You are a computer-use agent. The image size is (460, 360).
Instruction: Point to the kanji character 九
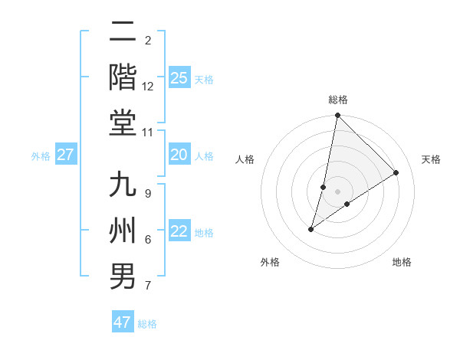click(123, 186)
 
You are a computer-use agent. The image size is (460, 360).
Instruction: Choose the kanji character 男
click(123, 275)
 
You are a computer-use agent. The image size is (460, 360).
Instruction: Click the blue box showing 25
click(179, 77)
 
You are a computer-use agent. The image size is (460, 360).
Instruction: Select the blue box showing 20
click(179, 155)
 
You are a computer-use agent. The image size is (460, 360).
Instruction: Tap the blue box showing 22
click(179, 231)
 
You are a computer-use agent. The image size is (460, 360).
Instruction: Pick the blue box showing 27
click(66, 155)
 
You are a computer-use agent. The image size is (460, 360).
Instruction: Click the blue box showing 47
click(123, 322)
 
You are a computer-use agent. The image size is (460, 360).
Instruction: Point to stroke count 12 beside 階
click(148, 87)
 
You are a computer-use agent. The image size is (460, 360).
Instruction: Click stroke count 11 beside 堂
click(148, 133)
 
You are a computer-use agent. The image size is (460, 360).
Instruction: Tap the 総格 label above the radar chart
click(338, 100)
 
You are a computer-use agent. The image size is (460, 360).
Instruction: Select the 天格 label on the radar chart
click(431, 159)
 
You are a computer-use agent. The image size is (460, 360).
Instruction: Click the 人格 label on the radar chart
click(245, 159)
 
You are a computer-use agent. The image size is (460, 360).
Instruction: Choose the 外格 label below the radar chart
click(270, 262)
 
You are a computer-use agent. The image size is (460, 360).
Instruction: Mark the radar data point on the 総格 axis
click(337, 116)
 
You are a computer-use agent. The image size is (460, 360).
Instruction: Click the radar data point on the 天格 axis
click(396, 172)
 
